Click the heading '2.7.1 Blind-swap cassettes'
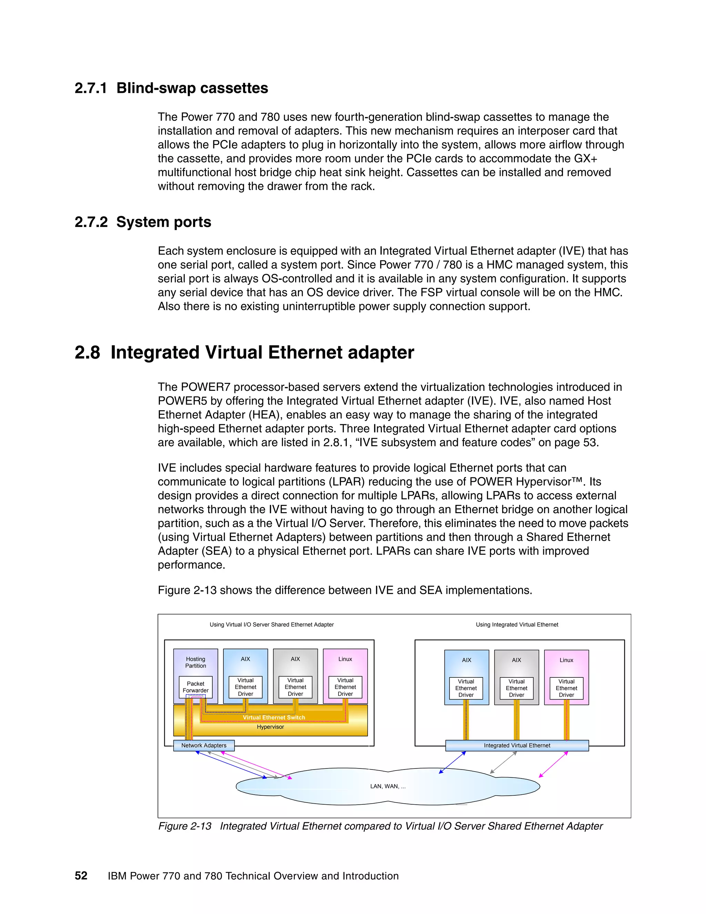pos(171,88)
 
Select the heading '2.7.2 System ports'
pos(143,222)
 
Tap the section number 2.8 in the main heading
pos(88,352)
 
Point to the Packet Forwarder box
pos(195,687)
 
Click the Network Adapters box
pos(204,745)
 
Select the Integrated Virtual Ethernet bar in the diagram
pos(517,745)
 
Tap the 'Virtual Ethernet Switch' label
pos(274,717)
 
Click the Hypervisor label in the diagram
pos(270,727)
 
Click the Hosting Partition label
pos(195,662)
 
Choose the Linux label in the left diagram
pos(345,659)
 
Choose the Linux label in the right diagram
pos(566,660)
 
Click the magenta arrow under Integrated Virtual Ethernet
pos(553,765)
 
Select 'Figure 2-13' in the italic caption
pos(185,826)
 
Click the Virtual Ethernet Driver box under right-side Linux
pos(566,688)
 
